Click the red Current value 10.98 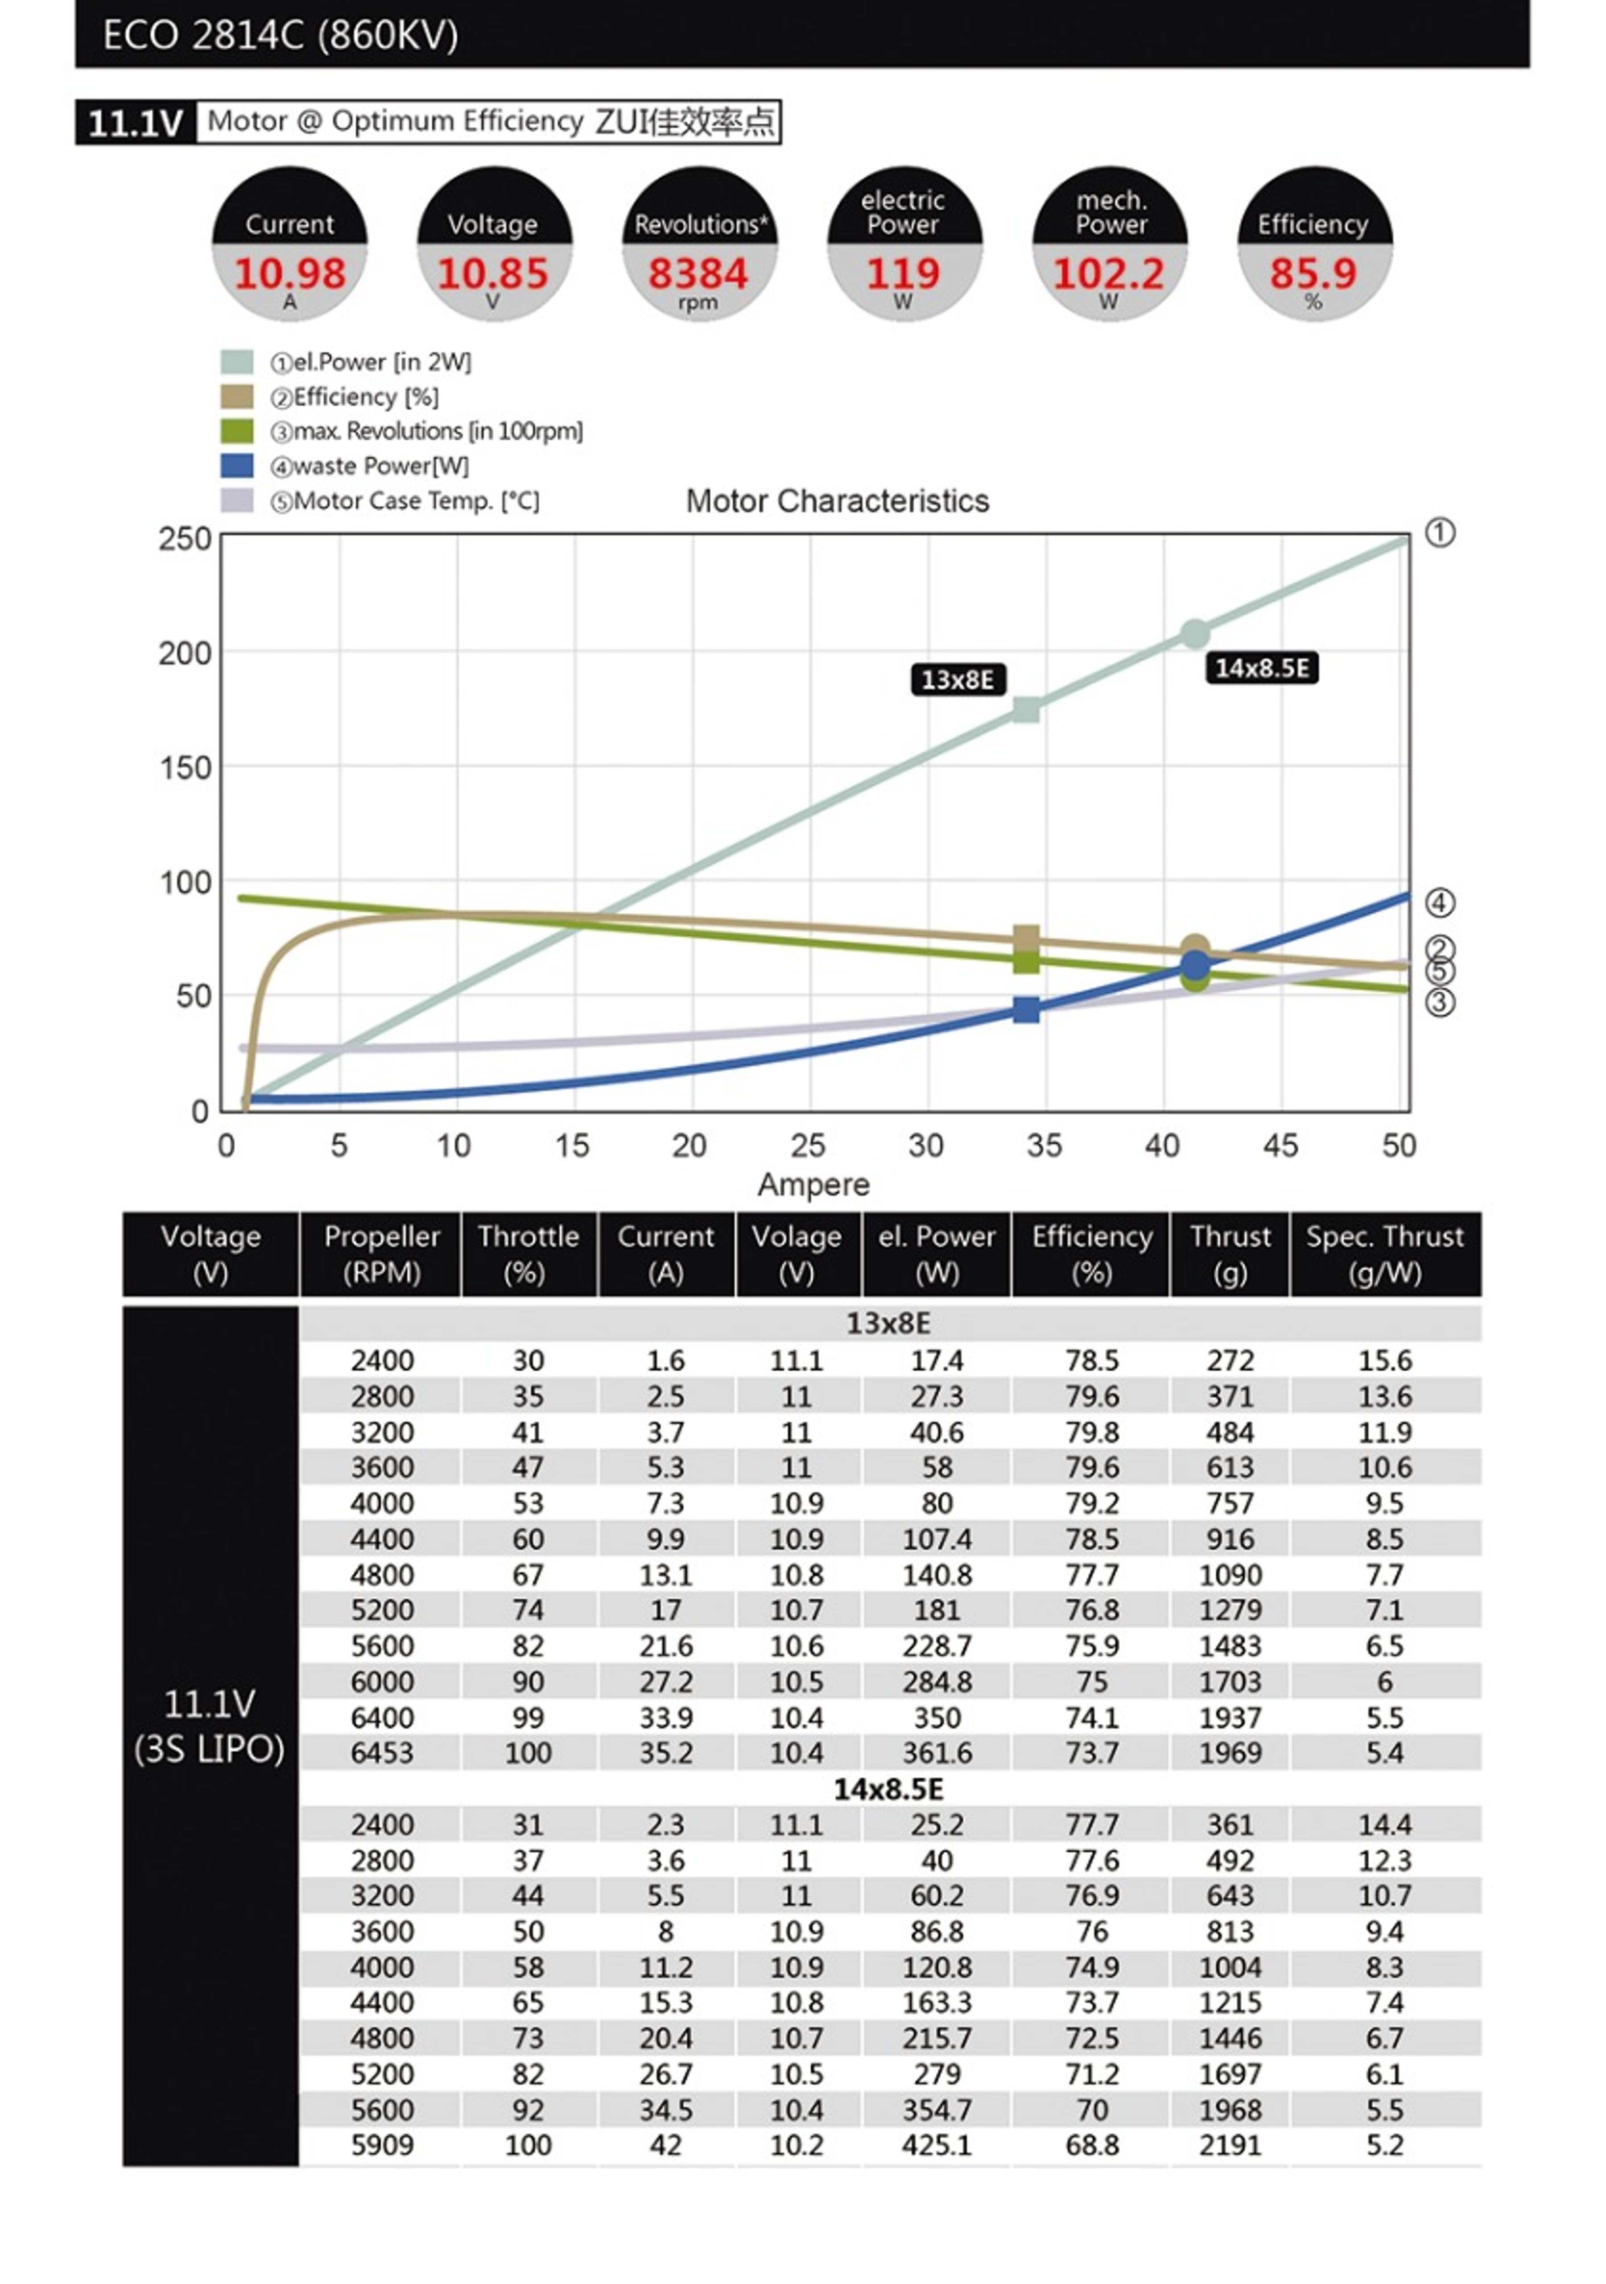289,273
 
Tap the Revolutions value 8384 698,273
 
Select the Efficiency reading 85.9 1313,273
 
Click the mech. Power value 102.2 1108,273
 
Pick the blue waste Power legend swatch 237,466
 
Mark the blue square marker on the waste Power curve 1026,1010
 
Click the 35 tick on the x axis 1044,1146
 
